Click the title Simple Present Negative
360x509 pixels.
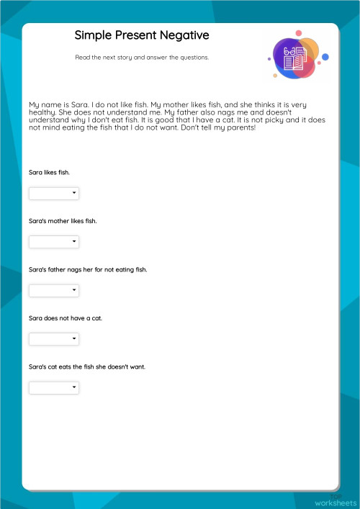click(x=142, y=35)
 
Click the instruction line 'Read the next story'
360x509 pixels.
click(x=142, y=58)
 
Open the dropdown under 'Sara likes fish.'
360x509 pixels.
click(x=53, y=193)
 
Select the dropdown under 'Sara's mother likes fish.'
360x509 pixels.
click(x=53, y=241)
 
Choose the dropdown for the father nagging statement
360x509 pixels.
click(x=53, y=290)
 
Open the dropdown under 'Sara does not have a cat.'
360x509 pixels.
click(x=53, y=338)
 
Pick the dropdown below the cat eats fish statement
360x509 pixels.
click(x=53, y=387)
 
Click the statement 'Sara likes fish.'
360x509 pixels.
click(x=49, y=173)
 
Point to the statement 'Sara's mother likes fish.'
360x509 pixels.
click(x=63, y=221)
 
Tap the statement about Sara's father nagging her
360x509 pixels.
click(x=88, y=269)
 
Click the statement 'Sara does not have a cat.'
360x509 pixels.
click(x=65, y=318)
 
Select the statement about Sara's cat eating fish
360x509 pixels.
click(x=87, y=366)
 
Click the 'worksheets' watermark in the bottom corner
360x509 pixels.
click(x=335, y=502)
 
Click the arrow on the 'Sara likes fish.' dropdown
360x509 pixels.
click(x=74, y=193)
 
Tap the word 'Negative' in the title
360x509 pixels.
click(x=184, y=35)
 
